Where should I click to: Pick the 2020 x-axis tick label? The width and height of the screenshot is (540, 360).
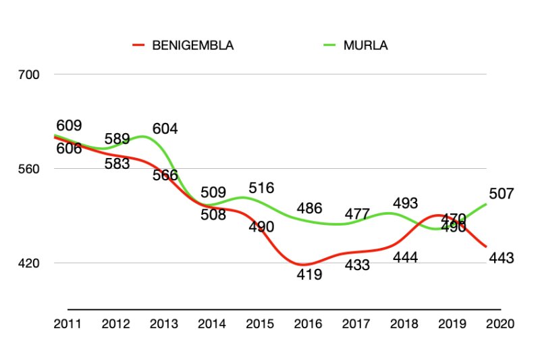tap(500, 324)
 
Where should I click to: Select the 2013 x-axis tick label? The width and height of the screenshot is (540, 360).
tap(164, 324)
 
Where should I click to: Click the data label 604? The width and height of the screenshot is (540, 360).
tap(165, 129)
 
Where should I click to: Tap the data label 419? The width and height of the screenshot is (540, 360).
tap(309, 275)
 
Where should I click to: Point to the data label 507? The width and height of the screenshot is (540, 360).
tap(502, 195)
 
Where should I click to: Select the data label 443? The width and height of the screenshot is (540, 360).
tap(502, 258)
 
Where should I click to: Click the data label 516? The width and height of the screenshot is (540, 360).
tap(261, 188)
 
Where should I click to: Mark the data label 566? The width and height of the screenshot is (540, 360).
tap(165, 176)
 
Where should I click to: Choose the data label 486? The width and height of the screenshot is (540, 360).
tap(309, 209)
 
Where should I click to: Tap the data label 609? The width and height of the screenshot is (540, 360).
tap(69, 126)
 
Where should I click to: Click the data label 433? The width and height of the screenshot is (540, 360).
tap(357, 265)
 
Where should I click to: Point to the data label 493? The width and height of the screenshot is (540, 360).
tap(405, 203)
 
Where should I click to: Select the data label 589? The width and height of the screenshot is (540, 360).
tap(117, 139)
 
